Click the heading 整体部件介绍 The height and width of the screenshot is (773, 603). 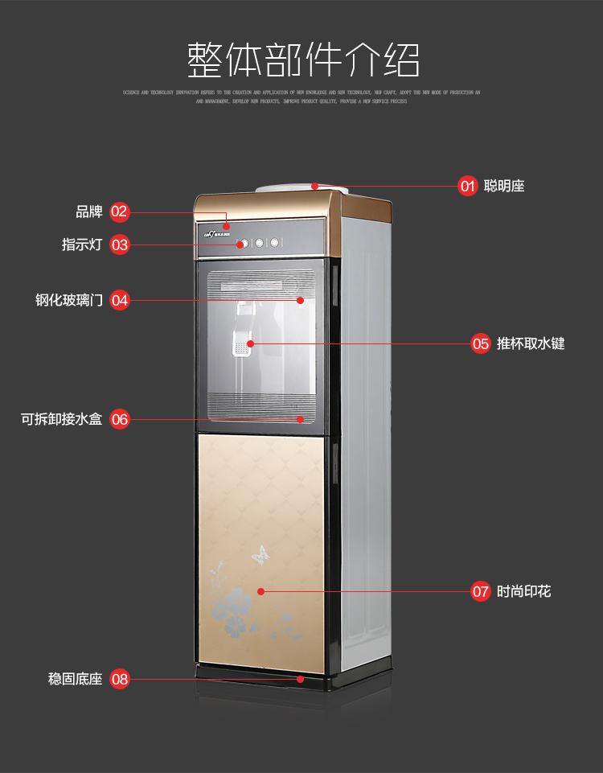point(303,60)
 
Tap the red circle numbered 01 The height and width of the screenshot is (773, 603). point(468,187)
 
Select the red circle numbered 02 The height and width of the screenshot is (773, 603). point(119,212)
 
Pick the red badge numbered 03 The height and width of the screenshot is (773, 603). point(119,245)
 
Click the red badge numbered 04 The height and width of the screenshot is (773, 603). point(119,300)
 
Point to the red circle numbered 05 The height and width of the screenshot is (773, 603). point(481,343)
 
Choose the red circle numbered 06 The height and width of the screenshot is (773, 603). point(119,419)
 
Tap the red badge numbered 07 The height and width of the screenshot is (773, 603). point(481,591)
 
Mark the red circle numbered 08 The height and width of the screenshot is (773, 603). point(119,680)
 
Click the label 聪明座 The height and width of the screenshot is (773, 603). point(504,187)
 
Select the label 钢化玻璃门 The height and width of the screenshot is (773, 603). point(69,300)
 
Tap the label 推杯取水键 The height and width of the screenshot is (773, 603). point(531,343)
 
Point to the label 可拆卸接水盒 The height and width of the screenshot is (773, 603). point(62,419)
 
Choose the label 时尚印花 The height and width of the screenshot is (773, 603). point(523,591)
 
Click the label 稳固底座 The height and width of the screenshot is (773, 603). point(76,680)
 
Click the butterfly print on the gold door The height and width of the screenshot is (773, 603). point(260,553)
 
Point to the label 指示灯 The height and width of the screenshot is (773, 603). point(82,245)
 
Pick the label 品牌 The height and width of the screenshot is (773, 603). point(89,212)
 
